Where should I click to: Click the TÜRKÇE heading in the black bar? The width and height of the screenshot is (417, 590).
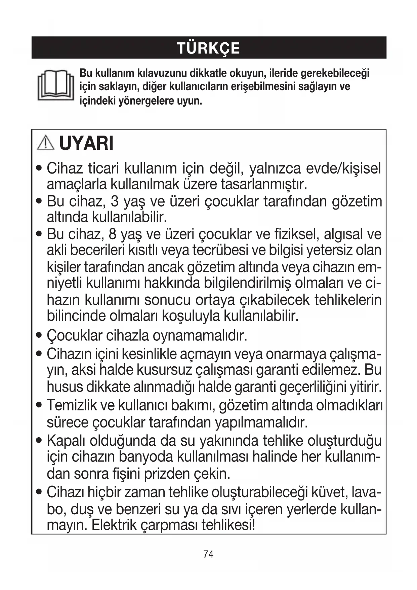(x=208, y=48)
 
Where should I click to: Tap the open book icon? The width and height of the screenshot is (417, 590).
(x=55, y=85)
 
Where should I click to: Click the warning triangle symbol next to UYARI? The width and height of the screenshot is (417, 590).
(x=46, y=143)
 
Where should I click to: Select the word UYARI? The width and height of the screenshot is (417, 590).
(x=86, y=143)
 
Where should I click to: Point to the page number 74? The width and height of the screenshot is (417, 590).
(x=208, y=554)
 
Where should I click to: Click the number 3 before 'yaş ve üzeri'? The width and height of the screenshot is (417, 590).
(x=115, y=201)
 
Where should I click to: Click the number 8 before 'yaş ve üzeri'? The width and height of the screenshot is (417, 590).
(x=113, y=234)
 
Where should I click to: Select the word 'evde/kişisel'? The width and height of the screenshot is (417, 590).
(x=343, y=168)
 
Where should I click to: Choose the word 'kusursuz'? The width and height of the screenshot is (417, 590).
(x=164, y=370)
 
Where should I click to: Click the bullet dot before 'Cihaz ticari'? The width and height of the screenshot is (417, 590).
(x=40, y=168)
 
